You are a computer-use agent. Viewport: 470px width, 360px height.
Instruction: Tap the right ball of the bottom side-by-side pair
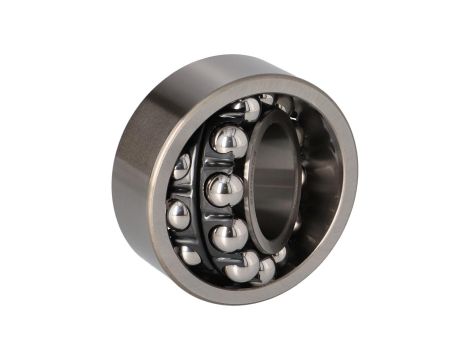[265, 268]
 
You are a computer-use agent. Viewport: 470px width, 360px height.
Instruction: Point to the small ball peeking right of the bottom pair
[282, 255]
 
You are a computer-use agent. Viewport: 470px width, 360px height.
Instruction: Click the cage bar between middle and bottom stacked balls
[222, 213]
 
